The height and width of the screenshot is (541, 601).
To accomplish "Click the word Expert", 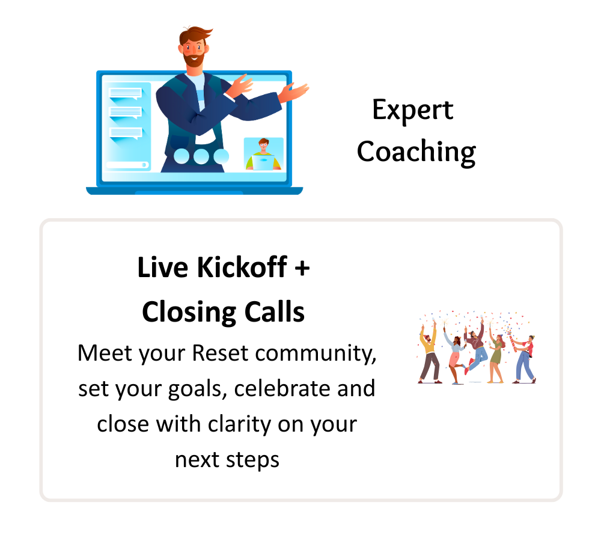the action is (x=413, y=111).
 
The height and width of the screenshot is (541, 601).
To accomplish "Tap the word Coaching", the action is (x=416, y=152).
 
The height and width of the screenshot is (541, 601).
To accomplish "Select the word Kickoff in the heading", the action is (x=242, y=267).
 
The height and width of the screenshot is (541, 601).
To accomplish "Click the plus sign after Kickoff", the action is (x=302, y=268).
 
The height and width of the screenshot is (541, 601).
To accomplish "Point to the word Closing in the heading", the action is (x=189, y=313).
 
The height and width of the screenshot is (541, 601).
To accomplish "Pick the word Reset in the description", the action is (x=220, y=353).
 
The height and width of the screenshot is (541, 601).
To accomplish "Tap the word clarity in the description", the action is (x=240, y=425).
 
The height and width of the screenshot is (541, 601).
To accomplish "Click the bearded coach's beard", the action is (x=194, y=60).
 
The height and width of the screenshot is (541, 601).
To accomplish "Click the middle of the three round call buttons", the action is (x=201, y=156).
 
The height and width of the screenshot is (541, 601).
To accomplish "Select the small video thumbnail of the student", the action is (x=264, y=154).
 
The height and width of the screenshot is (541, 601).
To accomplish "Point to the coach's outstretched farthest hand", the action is (x=294, y=91).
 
